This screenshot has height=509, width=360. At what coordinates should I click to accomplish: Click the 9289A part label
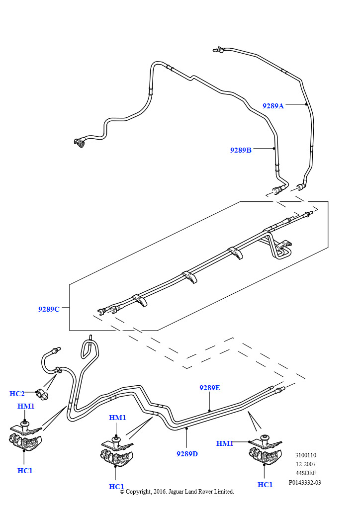273,105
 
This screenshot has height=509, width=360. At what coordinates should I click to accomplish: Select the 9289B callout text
241,150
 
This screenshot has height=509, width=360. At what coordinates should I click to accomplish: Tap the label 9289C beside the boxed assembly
49,309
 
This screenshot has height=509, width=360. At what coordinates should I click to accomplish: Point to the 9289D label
187,453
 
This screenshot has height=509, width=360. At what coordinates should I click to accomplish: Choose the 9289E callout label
210,388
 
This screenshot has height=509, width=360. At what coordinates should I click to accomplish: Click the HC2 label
17,394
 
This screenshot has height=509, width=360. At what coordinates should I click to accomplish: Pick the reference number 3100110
305,455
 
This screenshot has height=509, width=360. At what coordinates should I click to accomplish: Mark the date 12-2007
305,464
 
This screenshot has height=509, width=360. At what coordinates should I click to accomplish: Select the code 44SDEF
305,473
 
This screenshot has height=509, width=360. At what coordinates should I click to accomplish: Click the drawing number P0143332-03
305,482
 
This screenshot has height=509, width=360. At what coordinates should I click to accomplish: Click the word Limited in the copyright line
223,492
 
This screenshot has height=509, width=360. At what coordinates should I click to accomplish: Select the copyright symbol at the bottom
122,492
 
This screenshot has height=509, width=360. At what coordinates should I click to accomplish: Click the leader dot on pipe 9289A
306,104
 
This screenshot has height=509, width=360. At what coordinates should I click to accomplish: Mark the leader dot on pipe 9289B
274,148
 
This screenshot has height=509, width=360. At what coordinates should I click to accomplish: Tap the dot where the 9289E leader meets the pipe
210,411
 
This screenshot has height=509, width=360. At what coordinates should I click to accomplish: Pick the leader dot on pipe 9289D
186,427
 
